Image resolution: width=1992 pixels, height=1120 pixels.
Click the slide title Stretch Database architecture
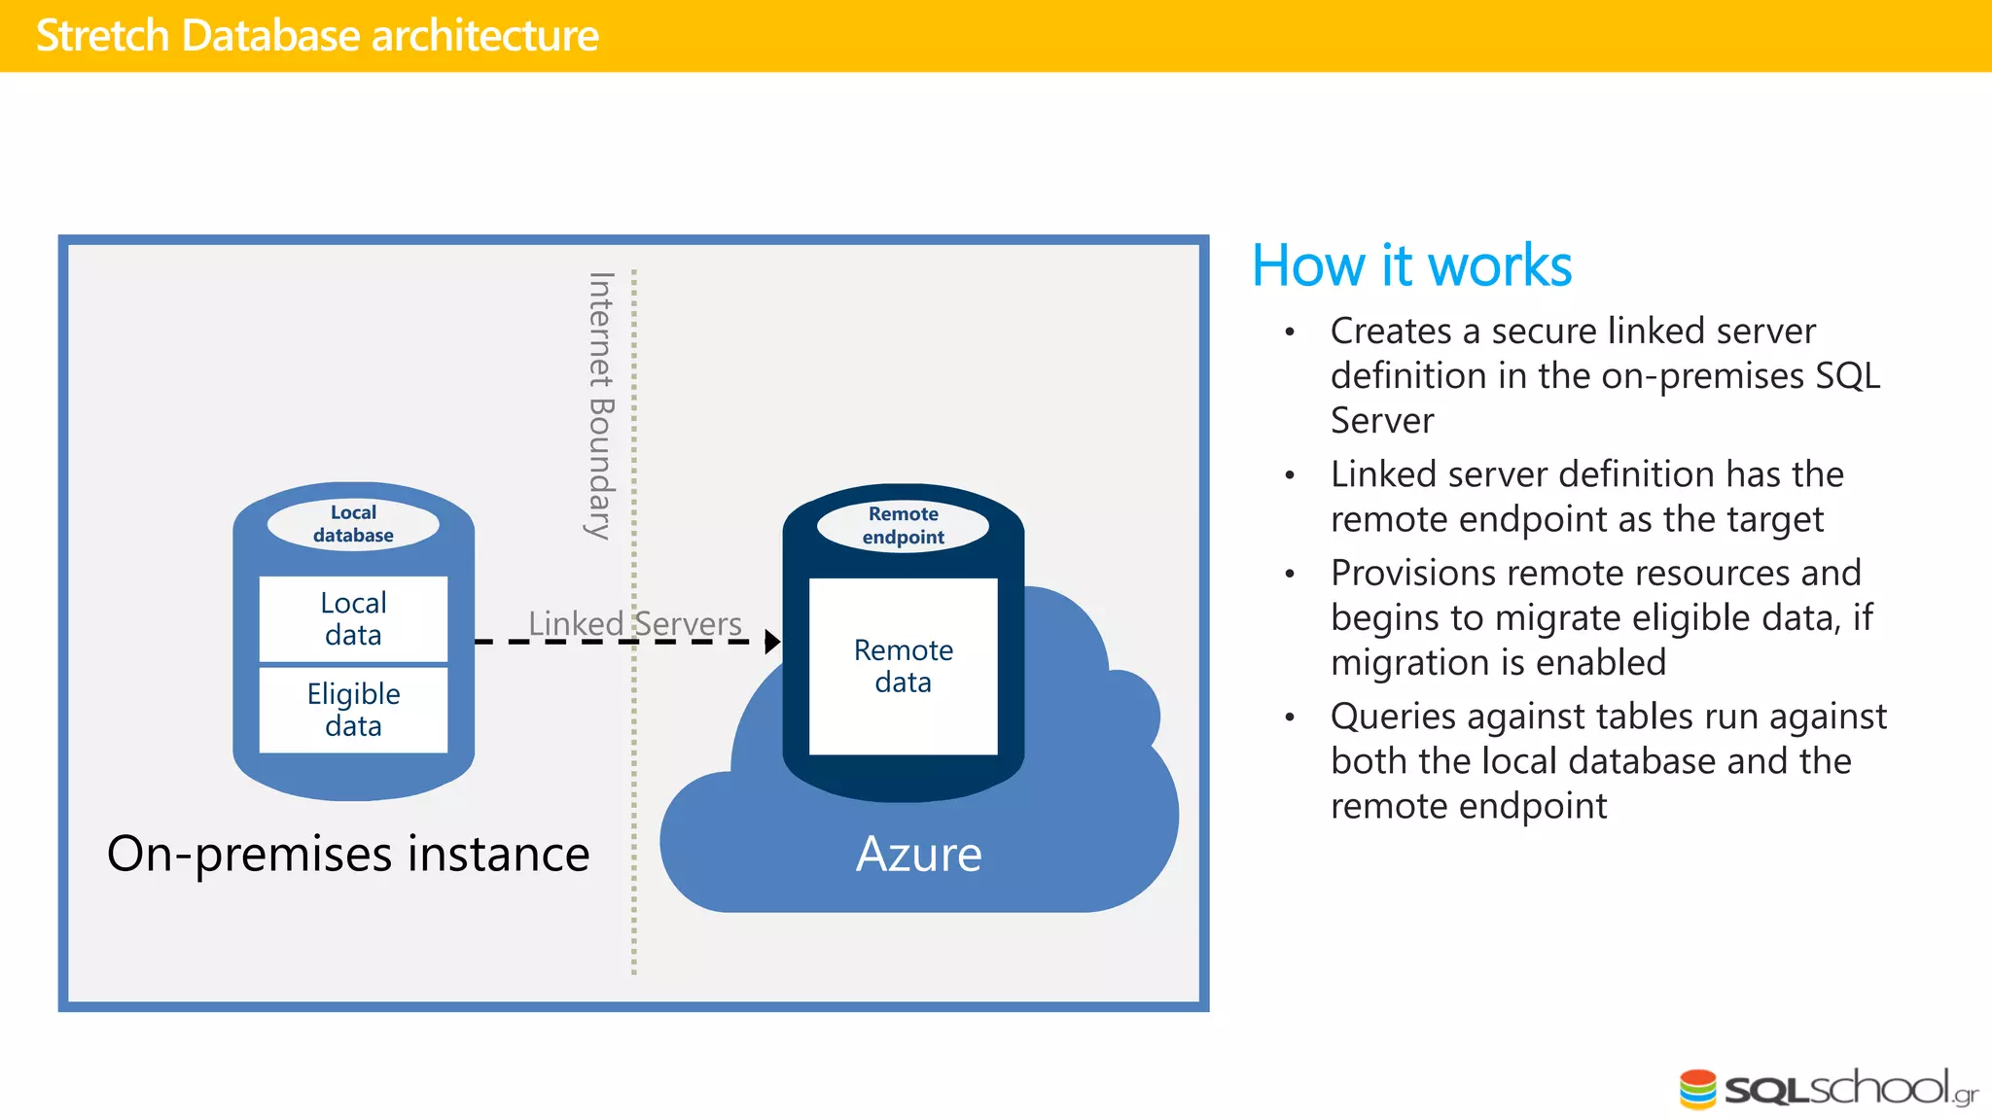point(317,36)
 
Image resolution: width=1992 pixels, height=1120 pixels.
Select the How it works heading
point(1411,265)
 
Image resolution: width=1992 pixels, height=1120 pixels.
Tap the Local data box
point(353,618)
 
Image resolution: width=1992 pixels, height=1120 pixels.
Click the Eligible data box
point(353,710)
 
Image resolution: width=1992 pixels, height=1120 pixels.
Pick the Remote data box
point(903,666)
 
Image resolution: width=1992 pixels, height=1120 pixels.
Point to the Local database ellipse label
point(353,524)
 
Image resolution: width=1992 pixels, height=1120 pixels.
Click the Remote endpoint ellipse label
point(903,525)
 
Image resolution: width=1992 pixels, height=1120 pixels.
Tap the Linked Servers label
point(634,623)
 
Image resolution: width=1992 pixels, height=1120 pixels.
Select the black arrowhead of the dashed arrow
point(772,642)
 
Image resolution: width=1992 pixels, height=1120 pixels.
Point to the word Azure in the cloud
point(918,854)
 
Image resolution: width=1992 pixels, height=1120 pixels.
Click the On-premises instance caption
point(348,854)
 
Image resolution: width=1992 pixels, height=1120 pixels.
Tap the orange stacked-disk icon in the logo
point(1698,1089)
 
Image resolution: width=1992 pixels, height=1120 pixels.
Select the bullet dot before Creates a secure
point(1290,332)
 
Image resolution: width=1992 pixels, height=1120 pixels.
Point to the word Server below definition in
point(1382,421)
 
